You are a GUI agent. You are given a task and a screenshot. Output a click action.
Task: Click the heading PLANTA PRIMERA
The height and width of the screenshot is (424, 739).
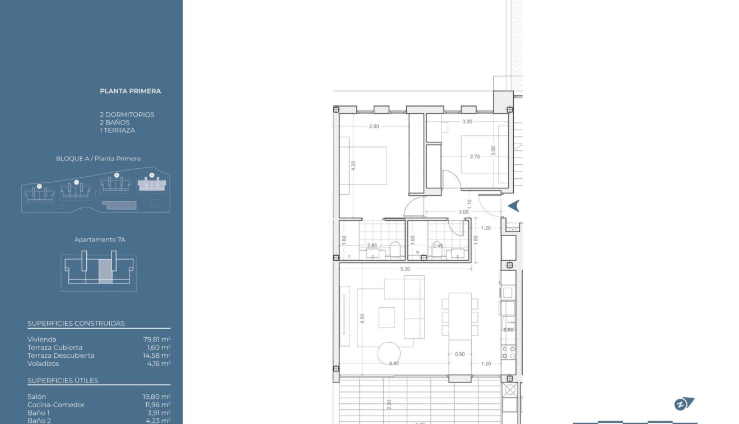coord(130,91)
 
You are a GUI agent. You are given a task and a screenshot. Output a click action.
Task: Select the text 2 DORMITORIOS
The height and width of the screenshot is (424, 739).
coord(127,114)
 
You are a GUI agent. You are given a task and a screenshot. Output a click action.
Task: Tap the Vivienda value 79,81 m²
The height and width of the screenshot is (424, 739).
coord(157,339)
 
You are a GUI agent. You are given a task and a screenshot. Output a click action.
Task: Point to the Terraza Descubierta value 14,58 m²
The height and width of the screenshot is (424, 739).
coord(157,356)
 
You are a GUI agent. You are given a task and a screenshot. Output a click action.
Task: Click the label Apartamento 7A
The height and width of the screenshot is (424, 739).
coord(99,239)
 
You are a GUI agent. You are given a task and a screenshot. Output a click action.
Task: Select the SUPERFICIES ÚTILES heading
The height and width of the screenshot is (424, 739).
coord(63,380)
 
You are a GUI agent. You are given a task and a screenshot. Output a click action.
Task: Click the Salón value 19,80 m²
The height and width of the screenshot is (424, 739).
coord(157,397)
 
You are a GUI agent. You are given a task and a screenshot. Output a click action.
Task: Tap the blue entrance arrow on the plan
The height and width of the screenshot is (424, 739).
coord(513,206)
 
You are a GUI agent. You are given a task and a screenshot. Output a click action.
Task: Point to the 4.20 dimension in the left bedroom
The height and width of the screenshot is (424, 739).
coord(354,166)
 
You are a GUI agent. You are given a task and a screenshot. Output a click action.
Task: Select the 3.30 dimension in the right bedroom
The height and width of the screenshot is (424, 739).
coord(467,121)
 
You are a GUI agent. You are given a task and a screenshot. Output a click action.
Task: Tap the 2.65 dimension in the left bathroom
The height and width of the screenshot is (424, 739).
coord(371,246)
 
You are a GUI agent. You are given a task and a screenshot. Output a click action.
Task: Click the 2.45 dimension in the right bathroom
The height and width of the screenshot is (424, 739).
coord(438,246)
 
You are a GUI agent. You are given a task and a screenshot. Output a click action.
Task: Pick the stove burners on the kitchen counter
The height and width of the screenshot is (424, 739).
coord(508,352)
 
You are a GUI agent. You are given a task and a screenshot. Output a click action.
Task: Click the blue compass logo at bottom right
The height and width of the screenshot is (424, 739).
coord(684,404)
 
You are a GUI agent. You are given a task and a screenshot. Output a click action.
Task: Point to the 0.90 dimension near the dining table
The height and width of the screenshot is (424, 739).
coord(459,354)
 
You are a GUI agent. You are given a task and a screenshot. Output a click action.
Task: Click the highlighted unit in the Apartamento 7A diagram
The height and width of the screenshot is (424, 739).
coord(105,271)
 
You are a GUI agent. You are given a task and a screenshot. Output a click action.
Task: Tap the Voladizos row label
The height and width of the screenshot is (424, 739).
coord(43,363)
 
